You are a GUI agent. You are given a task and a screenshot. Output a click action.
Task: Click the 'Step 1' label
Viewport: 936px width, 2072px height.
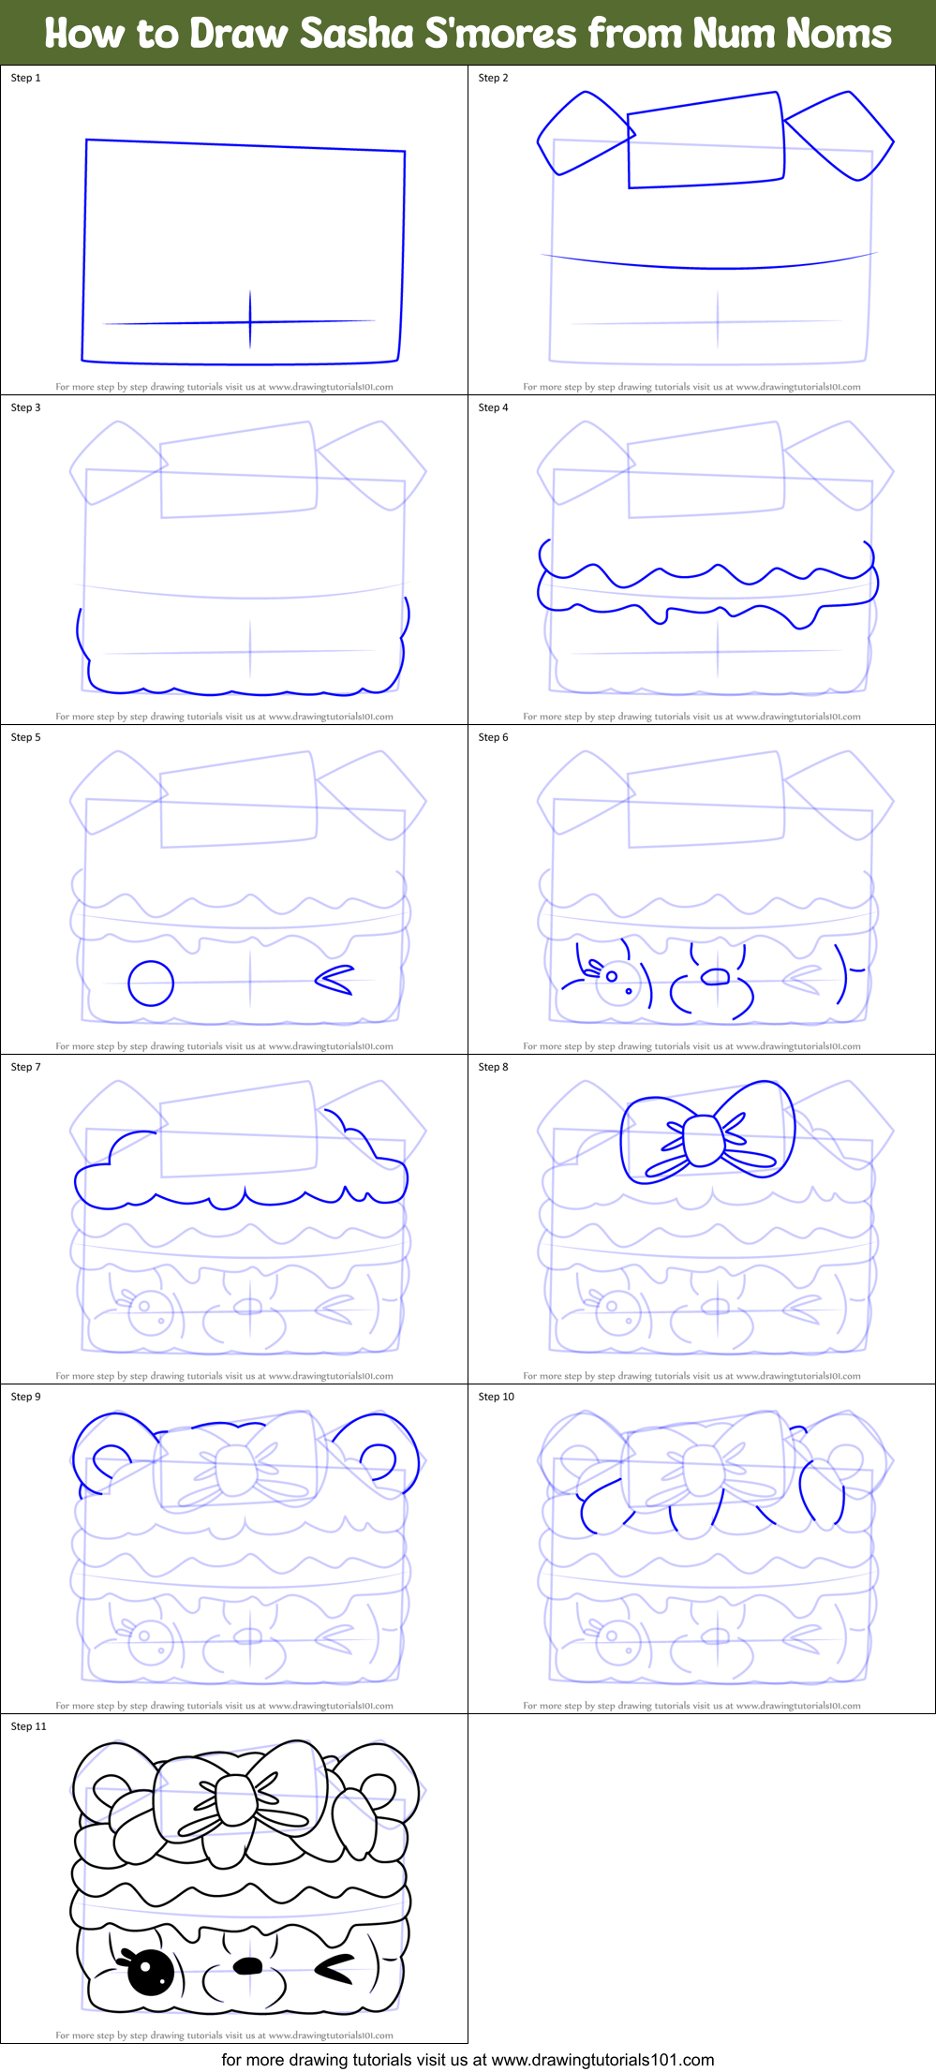25,78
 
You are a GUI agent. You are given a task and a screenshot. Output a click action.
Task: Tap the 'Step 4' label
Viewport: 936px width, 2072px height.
493,407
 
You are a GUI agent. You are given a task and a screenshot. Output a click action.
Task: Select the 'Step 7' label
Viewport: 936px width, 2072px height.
25,1067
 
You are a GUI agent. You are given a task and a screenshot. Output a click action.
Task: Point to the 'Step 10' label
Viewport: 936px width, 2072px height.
496,1397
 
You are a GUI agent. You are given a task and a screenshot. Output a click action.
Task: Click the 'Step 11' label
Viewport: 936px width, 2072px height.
28,1726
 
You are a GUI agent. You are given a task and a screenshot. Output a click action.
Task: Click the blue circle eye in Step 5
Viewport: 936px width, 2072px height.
151,984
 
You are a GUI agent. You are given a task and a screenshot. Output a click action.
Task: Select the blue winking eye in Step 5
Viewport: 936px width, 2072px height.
334,980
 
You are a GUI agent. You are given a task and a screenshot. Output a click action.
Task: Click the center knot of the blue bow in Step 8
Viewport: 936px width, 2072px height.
704,1139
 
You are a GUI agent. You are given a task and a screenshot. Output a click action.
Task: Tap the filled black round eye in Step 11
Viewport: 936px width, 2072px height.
150,1973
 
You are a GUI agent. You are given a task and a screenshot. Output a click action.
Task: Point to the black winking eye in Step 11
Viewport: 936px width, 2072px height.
334,1970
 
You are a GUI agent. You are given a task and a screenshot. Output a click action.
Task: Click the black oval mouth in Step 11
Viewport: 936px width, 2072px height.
247,1965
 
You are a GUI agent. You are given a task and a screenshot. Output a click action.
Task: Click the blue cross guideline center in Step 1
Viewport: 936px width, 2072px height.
250,322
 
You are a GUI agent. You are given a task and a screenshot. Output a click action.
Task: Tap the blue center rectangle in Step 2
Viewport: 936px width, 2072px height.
705,141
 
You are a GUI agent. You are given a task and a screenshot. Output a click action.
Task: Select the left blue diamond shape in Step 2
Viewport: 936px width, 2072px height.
583,133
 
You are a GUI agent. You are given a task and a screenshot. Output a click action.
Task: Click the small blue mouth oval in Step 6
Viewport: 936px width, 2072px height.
715,977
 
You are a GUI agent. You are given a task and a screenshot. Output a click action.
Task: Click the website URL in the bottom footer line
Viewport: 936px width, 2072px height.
602,2060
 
